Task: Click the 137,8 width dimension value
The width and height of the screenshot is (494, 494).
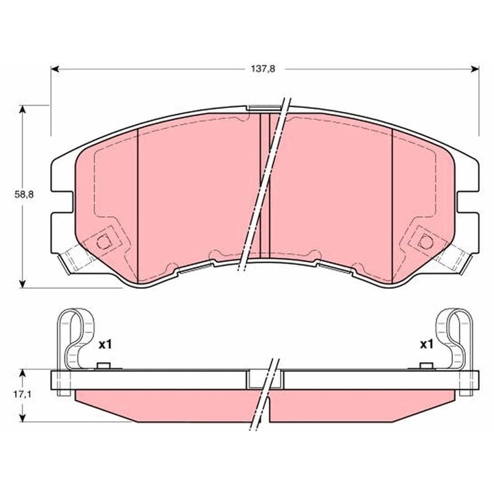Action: click(263, 69)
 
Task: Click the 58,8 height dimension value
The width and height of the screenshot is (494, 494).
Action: click(24, 194)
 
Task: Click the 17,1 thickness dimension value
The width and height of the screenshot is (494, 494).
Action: click(23, 394)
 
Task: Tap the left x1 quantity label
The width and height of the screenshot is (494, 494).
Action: click(105, 345)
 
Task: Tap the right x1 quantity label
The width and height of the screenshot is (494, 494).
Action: click(426, 345)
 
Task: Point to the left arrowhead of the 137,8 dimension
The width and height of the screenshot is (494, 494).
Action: click(55, 69)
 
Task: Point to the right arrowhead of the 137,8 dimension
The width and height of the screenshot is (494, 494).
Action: click(475, 69)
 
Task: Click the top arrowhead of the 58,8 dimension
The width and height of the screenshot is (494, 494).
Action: click(22, 110)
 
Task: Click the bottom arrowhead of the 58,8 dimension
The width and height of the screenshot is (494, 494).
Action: click(22, 283)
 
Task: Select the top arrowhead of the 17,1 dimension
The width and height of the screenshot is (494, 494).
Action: click(22, 374)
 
